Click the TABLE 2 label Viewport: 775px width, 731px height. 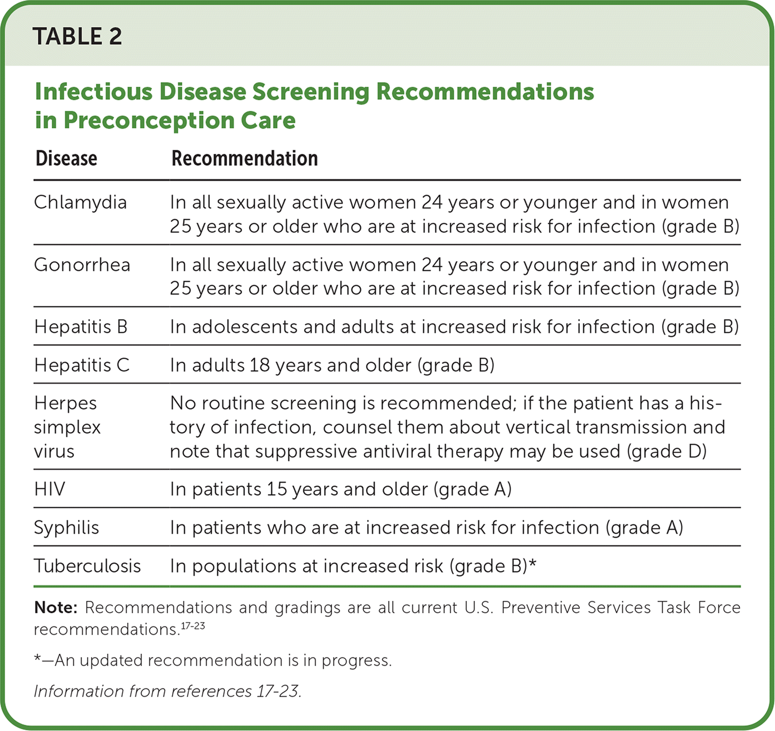[x=77, y=36]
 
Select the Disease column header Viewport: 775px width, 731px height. [x=67, y=158]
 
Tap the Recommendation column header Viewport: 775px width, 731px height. [x=245, y=158]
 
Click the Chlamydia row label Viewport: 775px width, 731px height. [x=80, y=203]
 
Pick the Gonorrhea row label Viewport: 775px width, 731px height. [x=82, y=265]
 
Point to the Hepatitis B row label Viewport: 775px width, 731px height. [x=81, y=326]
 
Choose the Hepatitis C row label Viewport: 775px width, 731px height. [x=81, y=365]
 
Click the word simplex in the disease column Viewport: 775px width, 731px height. [x=67, y=427]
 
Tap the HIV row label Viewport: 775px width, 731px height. [x=49, y=489]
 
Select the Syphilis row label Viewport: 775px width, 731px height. [x=67, y=528]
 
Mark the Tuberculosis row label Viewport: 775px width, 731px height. [x=87, y=566]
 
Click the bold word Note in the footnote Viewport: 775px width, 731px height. [x=56, y=608]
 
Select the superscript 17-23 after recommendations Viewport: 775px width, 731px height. [x=193, y=626]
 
